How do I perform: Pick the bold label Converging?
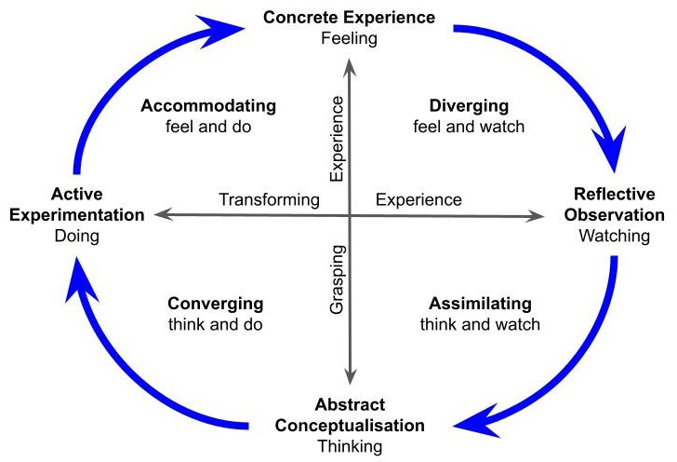(x=216, y=304)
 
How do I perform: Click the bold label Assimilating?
(x=480, y=304)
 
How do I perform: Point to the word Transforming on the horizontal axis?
(x=269, y=199)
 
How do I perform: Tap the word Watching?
(x=615, y=236)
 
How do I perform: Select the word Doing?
(x=78, y=237)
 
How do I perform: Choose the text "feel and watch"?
(x=469, y=126)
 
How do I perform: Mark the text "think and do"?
(x=216, y=325)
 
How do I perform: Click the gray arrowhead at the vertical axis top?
(x=350, y=65)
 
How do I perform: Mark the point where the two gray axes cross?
(x=350, y=215)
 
